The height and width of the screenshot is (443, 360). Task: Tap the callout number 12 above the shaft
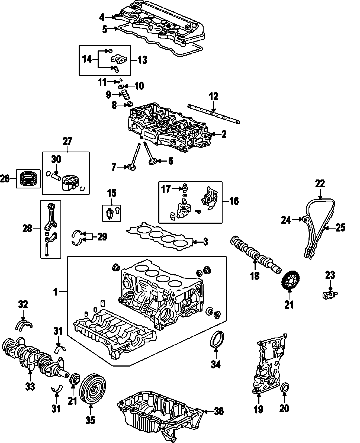click(x=214, y=97)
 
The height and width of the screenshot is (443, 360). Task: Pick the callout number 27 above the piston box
click(x=68, y=142)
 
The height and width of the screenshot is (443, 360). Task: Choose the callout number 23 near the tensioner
click(x=330, y=275)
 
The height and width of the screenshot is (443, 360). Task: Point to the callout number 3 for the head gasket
click(x=206, y=242)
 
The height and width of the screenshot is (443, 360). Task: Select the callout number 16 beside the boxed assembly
click(x=234, y=201)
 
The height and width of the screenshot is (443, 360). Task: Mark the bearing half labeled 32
click(x=24, y=325)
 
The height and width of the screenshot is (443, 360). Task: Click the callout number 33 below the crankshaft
click(x=30, y=387)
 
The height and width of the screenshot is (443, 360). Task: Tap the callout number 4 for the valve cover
click(x=102, y=17)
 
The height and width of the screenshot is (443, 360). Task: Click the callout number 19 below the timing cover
click(x=259, y=409)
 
